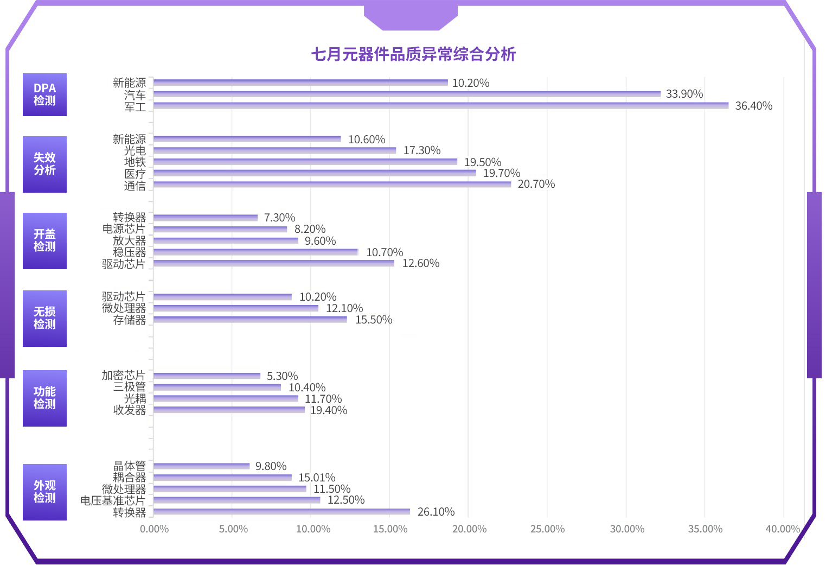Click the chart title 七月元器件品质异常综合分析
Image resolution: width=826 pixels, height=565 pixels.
click(413, 54)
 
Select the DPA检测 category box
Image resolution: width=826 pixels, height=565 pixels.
click(44, 94)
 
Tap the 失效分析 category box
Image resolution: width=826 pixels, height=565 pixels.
click(44, 164)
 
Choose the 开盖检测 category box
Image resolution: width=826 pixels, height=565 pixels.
click(44, 240)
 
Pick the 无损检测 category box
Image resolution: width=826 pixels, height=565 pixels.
click(44, 318)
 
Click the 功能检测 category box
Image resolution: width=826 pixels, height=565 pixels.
click(44, 398)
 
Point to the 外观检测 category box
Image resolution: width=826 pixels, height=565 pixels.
click(44, 492)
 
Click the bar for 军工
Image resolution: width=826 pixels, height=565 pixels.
click(440, 105)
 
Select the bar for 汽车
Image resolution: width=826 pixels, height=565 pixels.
click(407, 94)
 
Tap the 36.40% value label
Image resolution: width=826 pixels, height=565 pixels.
click(753, 106)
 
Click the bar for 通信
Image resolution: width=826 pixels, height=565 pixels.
click(332, 184)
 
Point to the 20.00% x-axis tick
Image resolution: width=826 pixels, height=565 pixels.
click(469, 529)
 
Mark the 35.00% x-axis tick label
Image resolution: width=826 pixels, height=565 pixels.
click(705, 529)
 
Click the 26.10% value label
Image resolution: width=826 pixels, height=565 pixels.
click(436, 512)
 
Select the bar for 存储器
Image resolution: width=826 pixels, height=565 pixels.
click(250, 319)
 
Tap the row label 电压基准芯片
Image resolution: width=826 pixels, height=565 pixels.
click(113, 500)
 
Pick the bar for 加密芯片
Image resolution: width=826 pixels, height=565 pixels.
click(207, 376)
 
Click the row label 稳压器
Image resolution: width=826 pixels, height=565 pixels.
click(129, 252)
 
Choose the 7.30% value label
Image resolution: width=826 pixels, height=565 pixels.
click(279, 218)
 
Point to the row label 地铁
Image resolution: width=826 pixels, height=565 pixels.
click(135, 162)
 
